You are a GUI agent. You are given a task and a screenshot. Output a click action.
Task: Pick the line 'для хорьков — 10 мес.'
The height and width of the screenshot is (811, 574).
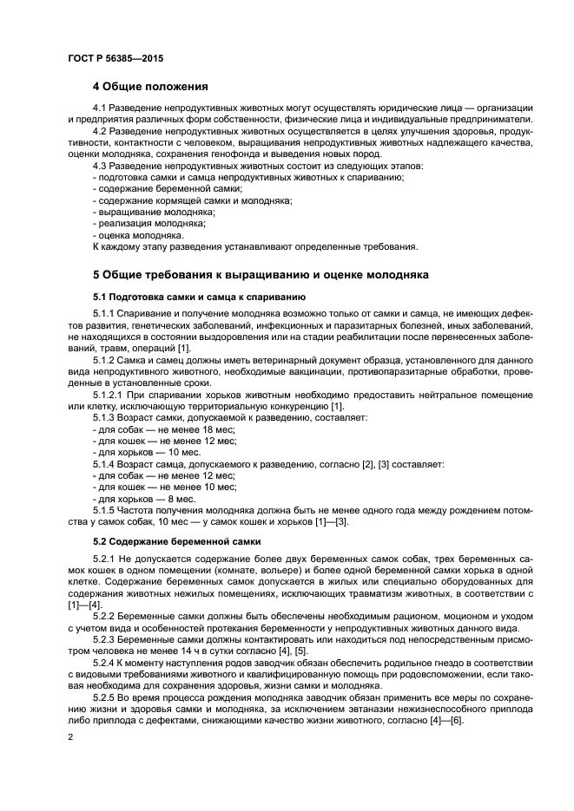[x=146, y=452]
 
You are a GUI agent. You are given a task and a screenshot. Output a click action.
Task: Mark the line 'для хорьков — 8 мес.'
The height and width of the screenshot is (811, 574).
[x=143, y=499]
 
